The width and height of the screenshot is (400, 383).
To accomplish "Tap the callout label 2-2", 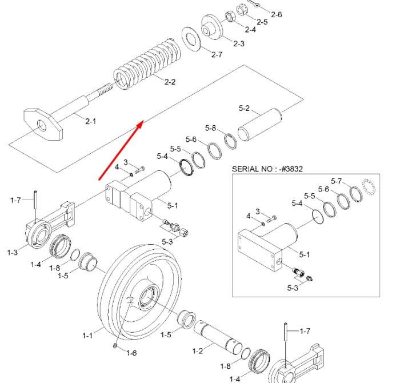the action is pos(170,82).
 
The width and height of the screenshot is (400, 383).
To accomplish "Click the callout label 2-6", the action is pos(277,14).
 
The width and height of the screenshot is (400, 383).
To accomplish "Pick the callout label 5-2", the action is pos(244,108).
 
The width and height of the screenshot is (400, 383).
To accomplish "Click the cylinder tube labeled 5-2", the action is pos(259,124).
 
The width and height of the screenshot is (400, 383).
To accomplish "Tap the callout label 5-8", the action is pos(210,128).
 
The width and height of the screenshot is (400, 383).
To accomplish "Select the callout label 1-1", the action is pos(87,336).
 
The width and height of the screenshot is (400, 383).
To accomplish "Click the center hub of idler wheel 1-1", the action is pos(147,296).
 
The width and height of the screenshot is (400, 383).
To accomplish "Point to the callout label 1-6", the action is pos(131,353).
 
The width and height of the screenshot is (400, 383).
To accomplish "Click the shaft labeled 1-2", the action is pos(218,337).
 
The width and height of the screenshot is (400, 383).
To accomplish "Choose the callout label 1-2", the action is pos(198,351).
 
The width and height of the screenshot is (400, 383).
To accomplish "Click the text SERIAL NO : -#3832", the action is pos(267,169).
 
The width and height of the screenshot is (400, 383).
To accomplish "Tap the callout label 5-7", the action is pos(336,181).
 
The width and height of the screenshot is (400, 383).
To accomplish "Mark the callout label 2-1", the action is pos(90,121).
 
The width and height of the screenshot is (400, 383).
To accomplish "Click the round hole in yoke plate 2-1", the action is pos(42,125).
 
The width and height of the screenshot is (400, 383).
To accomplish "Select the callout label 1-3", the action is pos(12,252).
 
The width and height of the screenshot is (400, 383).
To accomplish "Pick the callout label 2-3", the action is pos(239,43).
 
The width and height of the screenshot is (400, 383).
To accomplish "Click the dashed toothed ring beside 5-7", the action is pos(369,187).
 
